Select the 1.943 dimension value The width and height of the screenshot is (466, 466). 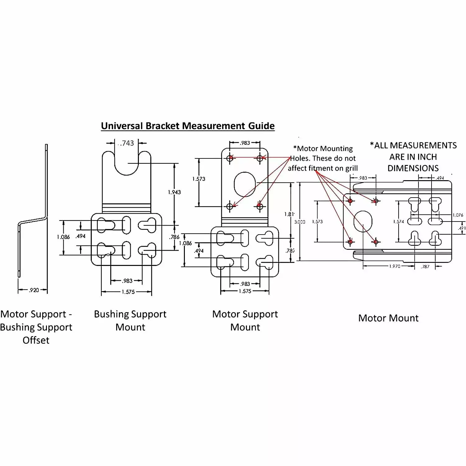click(x=174, y=192)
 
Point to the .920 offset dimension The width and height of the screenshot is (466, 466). click(x=34, y=290)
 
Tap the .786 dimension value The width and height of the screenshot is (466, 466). click(x=175, y=237)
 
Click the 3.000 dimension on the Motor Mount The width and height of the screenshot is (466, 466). click(x=299, y=222)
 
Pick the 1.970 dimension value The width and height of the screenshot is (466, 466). click(x=395, y=266)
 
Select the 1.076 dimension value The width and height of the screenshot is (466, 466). click(x=458, y=215)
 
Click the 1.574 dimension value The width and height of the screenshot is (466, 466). click(x=398, y=222)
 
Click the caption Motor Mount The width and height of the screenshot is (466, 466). click(x=388, y=318)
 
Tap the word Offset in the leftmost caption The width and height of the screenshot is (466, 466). click(x=36, y=340)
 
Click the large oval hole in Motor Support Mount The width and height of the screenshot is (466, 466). click(x=245, y=185)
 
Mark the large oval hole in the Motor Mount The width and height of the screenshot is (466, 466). click(x=363, y=221)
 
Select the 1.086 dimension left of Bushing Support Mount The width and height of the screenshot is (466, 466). click(x=63, y=237)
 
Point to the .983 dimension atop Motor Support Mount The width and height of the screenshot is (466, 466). click(x=245, y=143)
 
